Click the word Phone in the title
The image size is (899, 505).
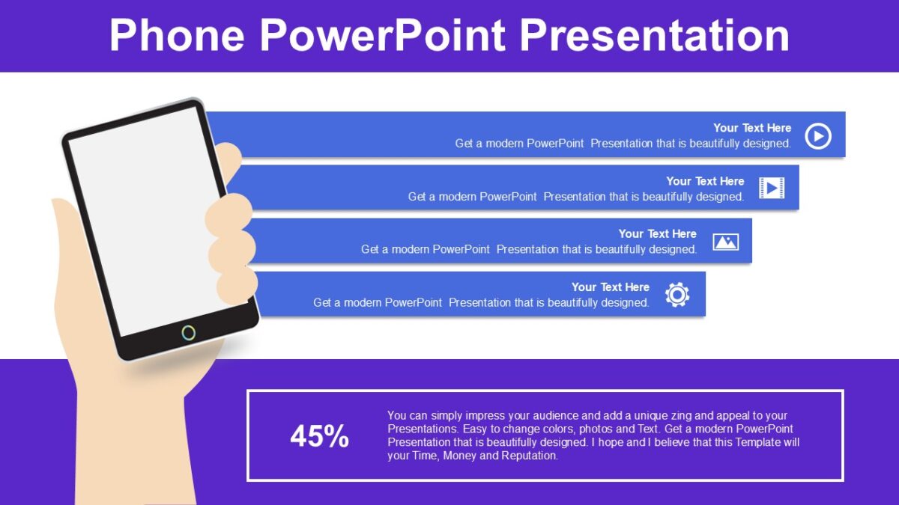point(178,35)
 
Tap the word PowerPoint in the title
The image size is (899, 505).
point(383,35)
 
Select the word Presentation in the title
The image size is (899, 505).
point(654,35)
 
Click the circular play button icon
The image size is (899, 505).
point(817,136)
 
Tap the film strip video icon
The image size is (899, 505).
point(771,188)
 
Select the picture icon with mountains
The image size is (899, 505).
point(725,242)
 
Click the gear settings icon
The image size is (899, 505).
point(677,295)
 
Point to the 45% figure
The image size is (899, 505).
point(319,436)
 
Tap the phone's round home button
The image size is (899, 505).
point(189,332)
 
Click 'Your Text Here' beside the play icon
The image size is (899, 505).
point(752,128)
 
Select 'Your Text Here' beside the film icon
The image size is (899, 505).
point(705,181)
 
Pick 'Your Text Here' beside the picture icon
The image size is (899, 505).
point(657,234)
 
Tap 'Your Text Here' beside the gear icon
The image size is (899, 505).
point(610,287)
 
